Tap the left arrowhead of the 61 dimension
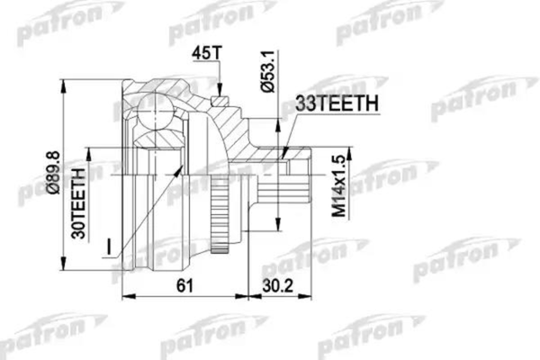(123, 295)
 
